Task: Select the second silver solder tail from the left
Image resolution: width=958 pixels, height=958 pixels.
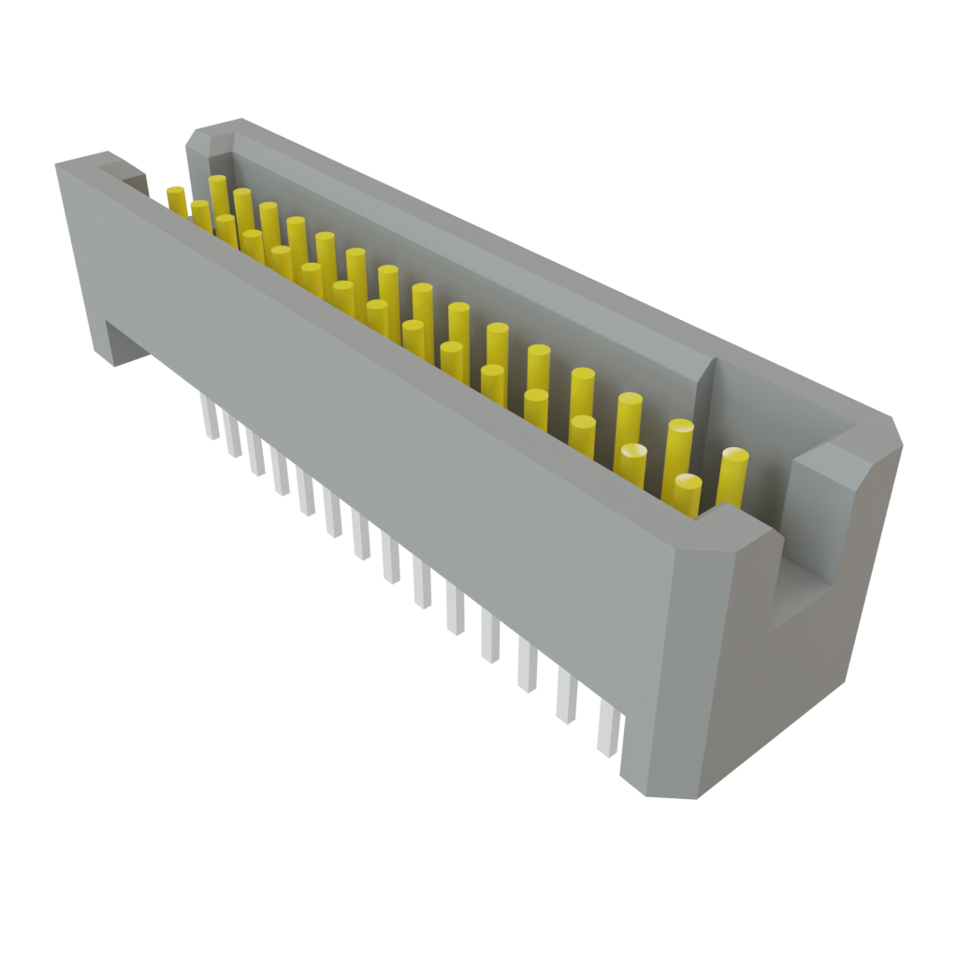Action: click(x=231, y=435)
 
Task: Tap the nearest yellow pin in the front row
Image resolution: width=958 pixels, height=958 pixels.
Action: click(x=688, y=496)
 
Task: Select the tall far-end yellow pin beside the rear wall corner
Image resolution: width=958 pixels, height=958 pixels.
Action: click(x=218, y=192)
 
